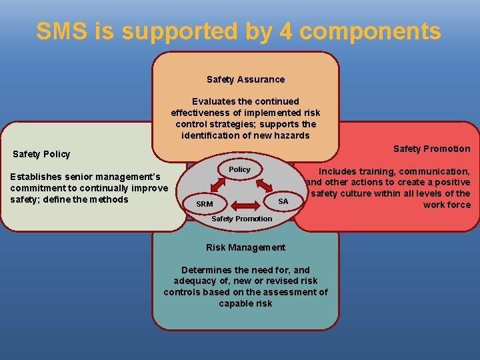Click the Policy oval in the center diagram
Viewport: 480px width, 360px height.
click(x=239, y=170)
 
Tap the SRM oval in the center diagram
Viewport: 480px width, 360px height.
click(x=205, y=203)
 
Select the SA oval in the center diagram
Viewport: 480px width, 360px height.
click(x=283, y=201)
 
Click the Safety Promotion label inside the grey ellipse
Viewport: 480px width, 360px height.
click(x=241, y=219)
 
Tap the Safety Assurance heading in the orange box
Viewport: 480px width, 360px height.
click(x=245, y=79)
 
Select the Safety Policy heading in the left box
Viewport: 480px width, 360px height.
click(x=41, y=154)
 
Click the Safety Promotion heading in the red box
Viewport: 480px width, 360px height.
click(x=431, y=149)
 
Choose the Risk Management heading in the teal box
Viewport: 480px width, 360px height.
click(x=245, y=247)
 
